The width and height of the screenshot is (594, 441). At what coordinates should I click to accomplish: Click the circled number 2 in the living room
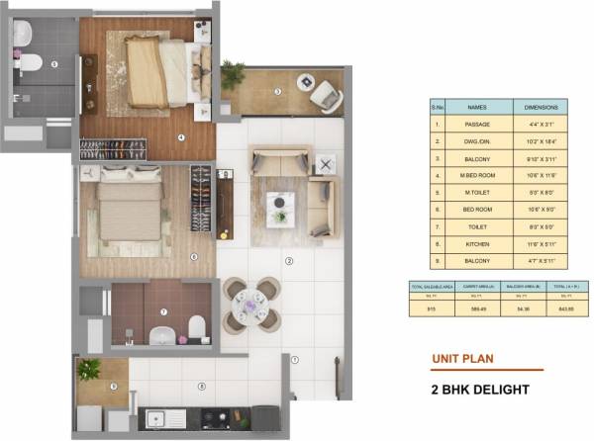289,262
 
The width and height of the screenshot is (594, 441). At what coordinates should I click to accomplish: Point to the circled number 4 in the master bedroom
181,137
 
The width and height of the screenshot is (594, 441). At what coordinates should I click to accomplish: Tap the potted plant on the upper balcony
233,73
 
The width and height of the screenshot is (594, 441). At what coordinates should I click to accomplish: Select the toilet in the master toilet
31,64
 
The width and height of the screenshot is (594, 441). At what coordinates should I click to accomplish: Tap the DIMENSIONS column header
541,107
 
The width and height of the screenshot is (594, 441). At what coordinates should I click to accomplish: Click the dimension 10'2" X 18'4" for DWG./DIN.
541,140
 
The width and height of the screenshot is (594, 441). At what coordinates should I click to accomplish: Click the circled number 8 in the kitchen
202,387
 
